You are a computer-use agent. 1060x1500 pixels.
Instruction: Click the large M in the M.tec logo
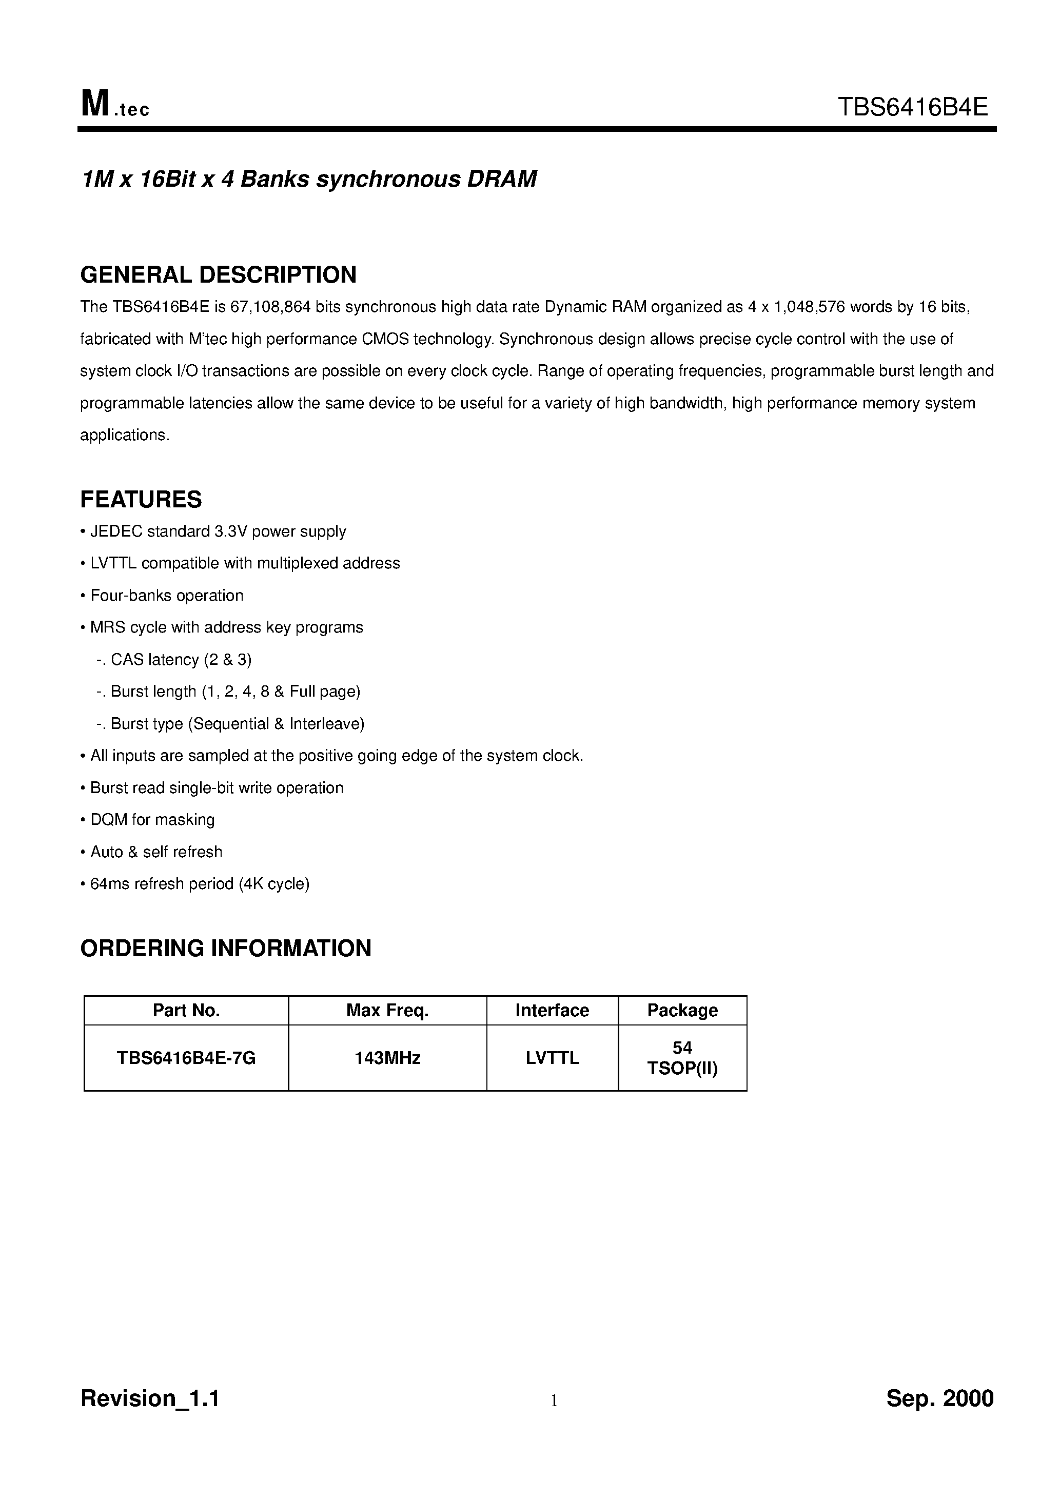(x=95, y=105)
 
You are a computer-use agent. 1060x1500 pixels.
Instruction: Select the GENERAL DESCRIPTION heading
(x=218, y=274)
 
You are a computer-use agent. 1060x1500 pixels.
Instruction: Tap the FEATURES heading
(x=141, y=500)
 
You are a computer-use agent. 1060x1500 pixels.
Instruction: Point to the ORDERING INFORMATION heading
(x=225, y=948)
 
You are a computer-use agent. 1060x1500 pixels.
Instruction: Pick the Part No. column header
(x=186, y=1011)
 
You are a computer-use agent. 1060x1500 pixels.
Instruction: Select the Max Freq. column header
(x=387, y=1011)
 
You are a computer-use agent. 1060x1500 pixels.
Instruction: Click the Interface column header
(x=552, y=1011)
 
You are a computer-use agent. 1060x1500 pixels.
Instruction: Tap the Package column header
(x=682, y=1011)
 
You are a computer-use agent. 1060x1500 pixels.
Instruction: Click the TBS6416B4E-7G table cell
(x=186, y=1058)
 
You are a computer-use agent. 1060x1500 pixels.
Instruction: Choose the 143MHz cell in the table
(x=387, y=1058)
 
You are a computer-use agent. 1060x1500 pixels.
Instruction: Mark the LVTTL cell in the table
(x=552, y=1058)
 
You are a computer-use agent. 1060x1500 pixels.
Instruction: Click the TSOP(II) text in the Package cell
(x=682, y=1068)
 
